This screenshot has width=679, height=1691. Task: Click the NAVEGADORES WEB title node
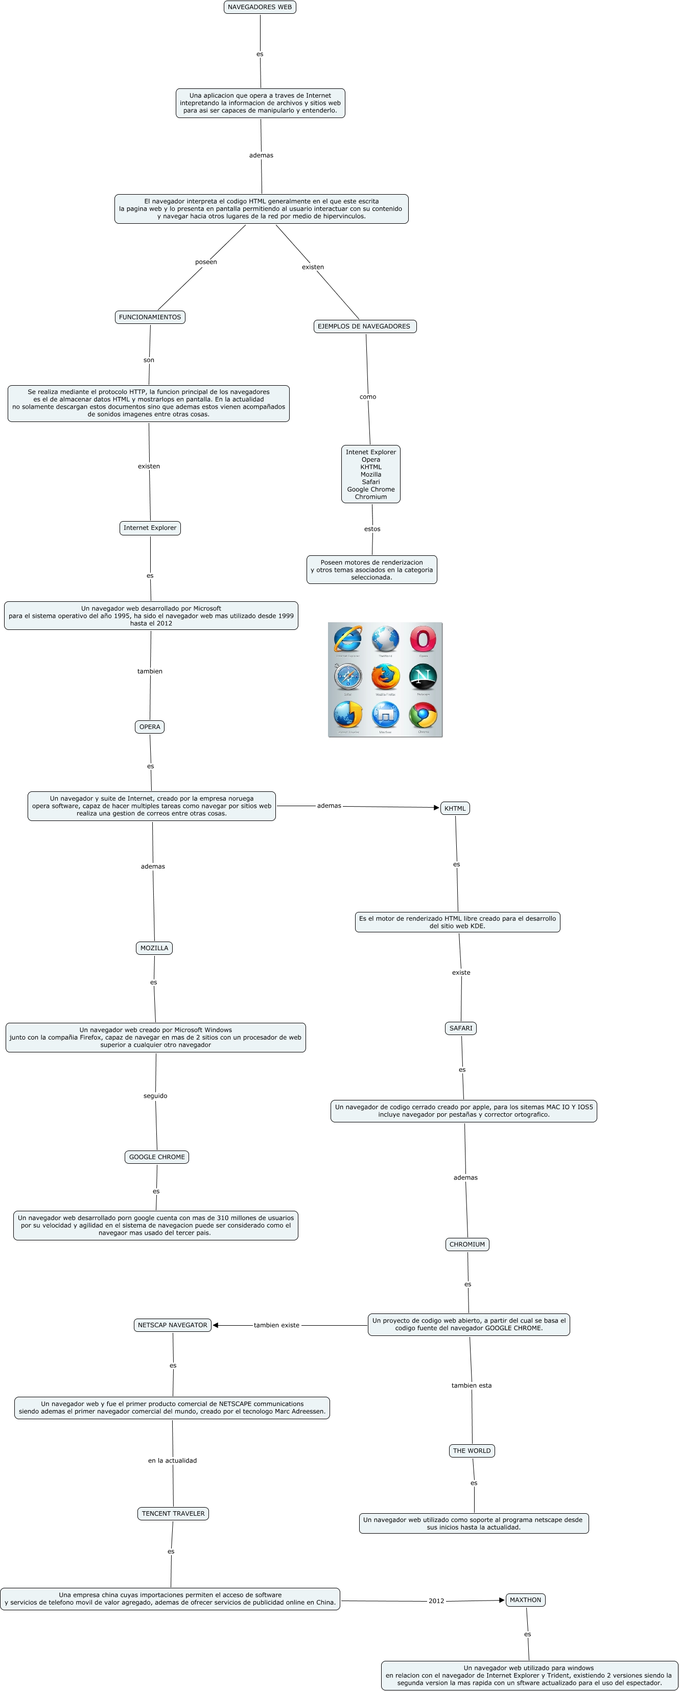point(260,7)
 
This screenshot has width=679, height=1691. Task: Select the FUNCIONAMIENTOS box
point(150,317)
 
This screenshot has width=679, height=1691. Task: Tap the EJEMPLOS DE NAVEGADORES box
point(364,326)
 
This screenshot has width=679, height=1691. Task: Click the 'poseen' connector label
point(205,262)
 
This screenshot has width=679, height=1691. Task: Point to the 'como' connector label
point(368,396)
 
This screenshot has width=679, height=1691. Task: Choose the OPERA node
point(150,726)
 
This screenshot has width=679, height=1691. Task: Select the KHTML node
point(455,808)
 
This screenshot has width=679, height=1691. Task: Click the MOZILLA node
point(154,948)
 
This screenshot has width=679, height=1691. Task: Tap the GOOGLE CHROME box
point(157,1157)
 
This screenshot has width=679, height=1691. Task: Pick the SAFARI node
point(460,1028)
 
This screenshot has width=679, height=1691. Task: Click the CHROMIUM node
point(467,1244)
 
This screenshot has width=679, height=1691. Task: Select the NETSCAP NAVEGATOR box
point(173,1325)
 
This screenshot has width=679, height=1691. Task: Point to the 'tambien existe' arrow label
point(276,1325)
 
